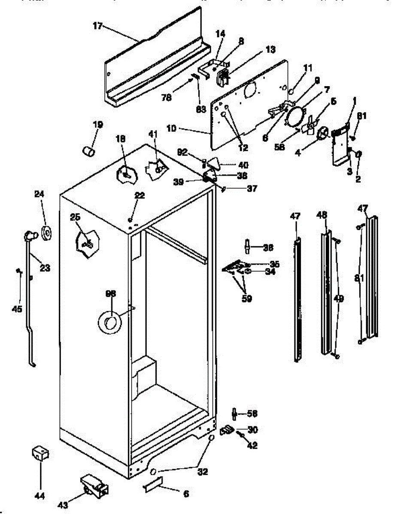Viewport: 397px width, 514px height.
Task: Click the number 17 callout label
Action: coord(97,26)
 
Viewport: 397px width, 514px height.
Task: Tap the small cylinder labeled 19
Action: coord(89,151)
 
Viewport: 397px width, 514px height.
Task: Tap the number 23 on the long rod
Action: coord(45,269)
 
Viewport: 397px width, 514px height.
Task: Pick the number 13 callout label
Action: coord(270,49)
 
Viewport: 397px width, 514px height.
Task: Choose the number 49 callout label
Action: coord(339,299)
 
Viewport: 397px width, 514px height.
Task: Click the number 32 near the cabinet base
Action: coord(202,472)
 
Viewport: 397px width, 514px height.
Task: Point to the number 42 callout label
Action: coord(252,445)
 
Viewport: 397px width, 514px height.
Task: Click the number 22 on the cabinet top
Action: coord(139,195)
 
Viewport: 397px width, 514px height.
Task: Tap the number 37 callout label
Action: coord(252,188)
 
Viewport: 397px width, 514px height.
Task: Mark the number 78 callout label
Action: coord(167,98)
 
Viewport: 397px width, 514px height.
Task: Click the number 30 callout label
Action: coord(253,430)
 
